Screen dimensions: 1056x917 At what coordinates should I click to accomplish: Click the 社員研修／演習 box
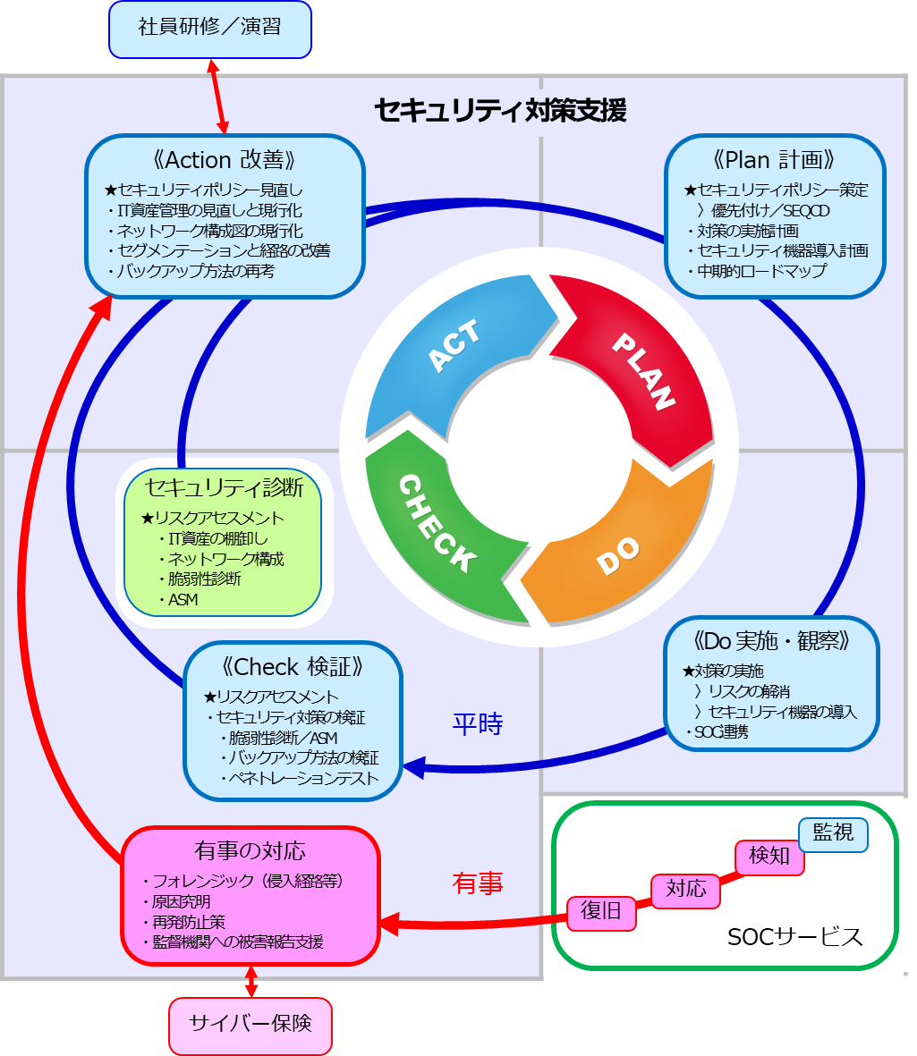coord(209,28)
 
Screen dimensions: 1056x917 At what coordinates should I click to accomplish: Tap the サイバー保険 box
coord(250,1025)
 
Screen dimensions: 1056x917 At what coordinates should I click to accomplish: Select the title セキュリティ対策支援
coord(500,110)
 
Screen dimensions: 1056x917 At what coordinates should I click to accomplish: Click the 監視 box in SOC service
coord(832,833)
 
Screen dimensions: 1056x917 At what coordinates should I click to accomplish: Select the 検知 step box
coord(769,856)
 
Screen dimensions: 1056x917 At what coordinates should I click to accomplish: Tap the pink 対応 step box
coord(686,889)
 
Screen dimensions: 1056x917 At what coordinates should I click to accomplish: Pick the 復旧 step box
coord(601,911)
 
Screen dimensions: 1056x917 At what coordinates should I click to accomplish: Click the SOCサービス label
coord(794,936)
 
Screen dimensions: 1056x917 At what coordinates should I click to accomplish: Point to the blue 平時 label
coord(478,723)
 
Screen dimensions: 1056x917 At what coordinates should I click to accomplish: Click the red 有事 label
coord(478,883)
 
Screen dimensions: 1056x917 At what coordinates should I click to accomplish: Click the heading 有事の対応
coord(250,850)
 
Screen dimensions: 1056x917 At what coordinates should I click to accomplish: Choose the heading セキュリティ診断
coord(224,488)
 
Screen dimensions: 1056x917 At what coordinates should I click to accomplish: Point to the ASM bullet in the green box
coord(183,600)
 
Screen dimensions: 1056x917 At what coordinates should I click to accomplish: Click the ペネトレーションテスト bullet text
coord(303,777)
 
